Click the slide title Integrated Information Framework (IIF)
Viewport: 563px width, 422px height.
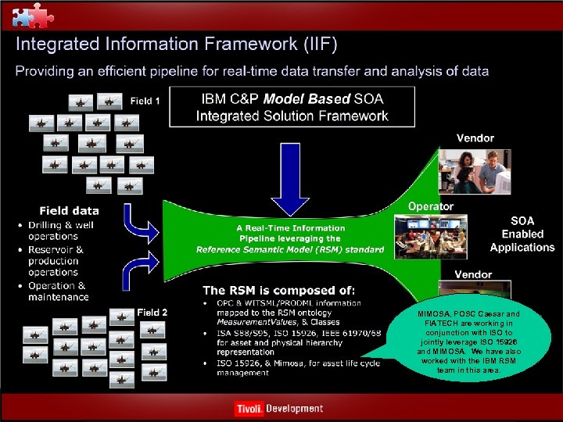[x=177, y=45]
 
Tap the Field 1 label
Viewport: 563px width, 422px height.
[x=145, y=101]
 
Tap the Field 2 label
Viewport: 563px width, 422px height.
[x=153, y=313]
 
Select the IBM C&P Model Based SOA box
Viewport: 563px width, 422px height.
[x=292, y=108]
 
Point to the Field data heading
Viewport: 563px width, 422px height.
[x=70, y=210]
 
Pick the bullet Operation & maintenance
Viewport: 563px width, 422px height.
[x=59, y=291]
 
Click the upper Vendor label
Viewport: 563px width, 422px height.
[x=475, y=138]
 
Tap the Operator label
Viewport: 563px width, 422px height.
[x=430, y=206]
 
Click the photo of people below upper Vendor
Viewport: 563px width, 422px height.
[x=474, y=170]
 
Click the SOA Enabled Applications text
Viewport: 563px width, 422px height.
[x=522, y=234]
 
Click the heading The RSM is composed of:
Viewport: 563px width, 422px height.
[x=278, y=290]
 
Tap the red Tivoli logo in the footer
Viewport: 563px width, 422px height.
[x=249, y=409]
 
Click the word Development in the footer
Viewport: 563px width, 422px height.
[x=294, y=409]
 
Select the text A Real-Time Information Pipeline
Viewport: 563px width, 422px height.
[x=290, y=233]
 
